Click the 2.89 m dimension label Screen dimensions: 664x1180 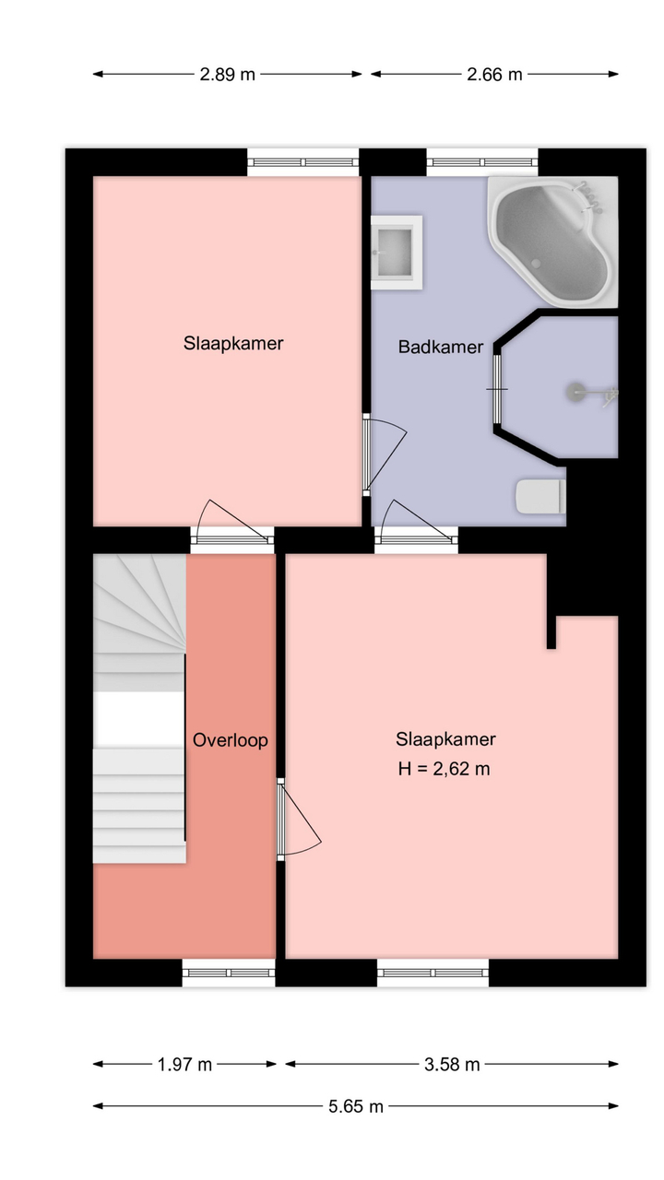pyautogui.click(x=227, y=75)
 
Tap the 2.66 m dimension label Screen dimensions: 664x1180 pyautogui.click(x=494, y=75)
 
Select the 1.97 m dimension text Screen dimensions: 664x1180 pyautogui.click(x=184, y=1065)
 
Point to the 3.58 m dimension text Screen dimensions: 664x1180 pyautogui.click(x=452, y=1065)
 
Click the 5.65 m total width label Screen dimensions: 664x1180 pyautogui.click(x=356, y=1106)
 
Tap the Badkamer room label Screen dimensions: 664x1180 pyautogui.click(x=441, y=347)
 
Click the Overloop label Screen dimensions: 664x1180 pyautogui.click(x=231, y=740)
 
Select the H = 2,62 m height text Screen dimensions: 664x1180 pyautogui.click(x=445, y=769)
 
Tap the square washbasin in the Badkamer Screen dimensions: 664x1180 pyautogui.click(x=397, y=253)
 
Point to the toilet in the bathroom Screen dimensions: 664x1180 pyautogui.click(x=540, y=496)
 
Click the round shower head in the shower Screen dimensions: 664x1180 pyautogui.click(x=574, y=392)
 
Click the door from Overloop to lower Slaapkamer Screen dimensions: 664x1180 pyautogui.click(x=298, y=820)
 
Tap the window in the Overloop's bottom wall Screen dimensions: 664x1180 pyautogui.click(x=229, y=973)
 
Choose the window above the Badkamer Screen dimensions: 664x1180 pyautogui.click(x=482, y=162)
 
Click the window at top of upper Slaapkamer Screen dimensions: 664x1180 pyautogui.click(x=303, y=162)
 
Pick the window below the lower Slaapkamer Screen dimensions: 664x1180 pyautogui.click(x=433, y=973)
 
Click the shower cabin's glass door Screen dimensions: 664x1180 pyautogui.click(x=497, y=389)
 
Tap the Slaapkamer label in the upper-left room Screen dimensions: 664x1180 pyautogui.click(x=233, y=344)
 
